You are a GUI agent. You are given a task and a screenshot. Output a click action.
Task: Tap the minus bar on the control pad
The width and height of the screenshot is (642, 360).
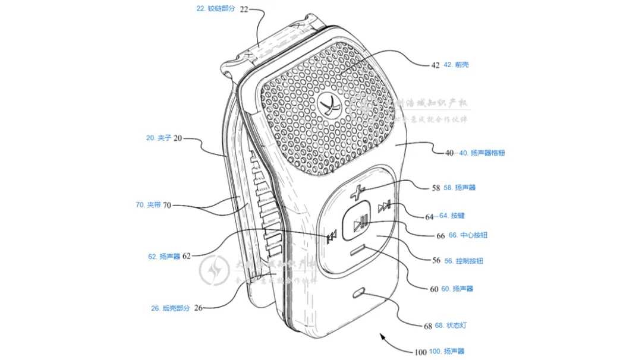click(357, 251)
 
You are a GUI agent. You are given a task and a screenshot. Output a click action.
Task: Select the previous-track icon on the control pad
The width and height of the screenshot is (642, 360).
click(332, 236)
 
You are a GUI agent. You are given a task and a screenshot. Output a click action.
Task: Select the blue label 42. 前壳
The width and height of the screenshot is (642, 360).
click(456, 64)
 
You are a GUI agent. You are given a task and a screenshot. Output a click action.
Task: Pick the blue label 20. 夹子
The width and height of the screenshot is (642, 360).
click(159, 138)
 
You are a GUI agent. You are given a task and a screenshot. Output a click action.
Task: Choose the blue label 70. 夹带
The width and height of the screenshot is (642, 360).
click(148, 205)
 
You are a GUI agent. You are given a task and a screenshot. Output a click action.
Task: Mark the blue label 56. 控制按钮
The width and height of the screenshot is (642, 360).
click(468, 261)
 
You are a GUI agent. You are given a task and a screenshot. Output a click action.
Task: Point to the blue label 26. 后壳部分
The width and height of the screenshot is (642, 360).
click(170, 308)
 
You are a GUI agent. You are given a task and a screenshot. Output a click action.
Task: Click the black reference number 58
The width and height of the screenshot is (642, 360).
click(436, 188)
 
